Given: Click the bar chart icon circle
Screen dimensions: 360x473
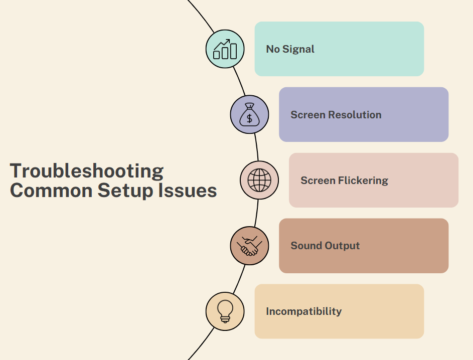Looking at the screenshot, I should [x=225, y=49].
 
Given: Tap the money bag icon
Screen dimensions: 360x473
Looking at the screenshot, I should [x=249, y=114].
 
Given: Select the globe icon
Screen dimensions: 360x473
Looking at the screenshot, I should [x=259, y=180].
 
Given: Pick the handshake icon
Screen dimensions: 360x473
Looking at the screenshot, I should [x=249, y=246].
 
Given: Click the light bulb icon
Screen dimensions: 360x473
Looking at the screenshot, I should [x=225, y=311].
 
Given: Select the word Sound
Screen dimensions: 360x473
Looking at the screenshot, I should [x=306, y=246].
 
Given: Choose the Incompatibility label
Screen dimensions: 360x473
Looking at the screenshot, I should [x=303, y=311].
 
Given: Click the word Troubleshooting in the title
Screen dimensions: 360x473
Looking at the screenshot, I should [x=87, y=171].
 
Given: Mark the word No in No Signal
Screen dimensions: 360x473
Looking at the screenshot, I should [x=272, y=49].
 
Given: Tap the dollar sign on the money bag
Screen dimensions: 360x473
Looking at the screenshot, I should [x=249, y=118].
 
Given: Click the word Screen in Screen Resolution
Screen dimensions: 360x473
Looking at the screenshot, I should [x=307, y=115].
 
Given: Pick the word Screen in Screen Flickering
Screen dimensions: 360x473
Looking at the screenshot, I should [x=318, y=181].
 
